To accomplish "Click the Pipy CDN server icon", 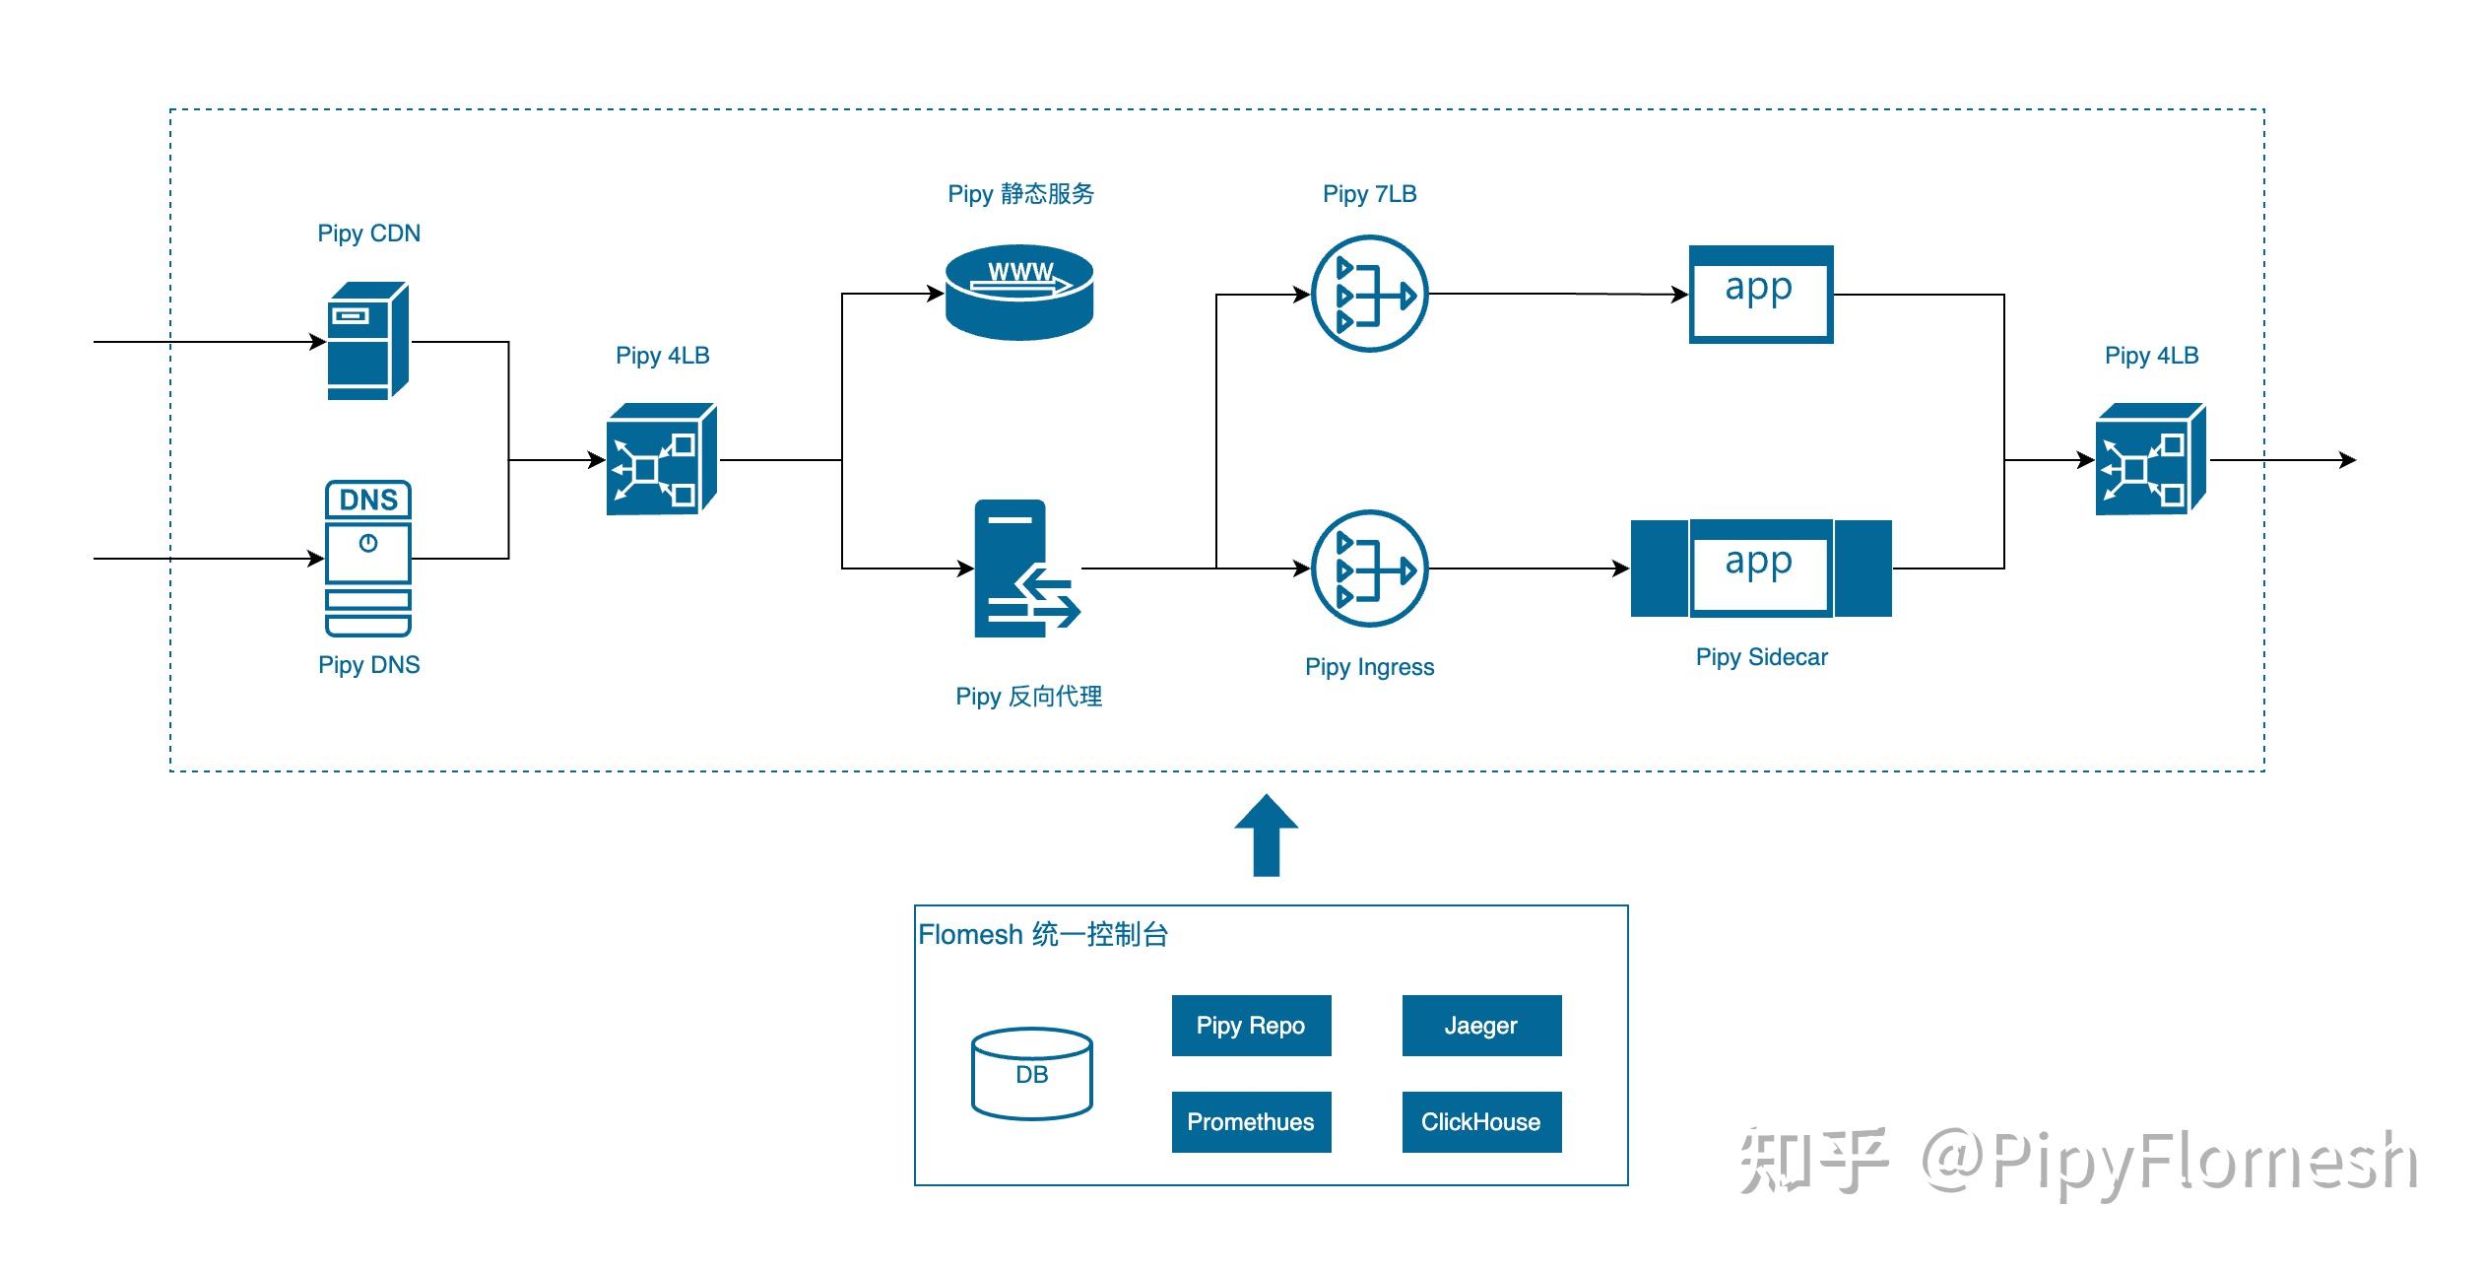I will coord(367,341).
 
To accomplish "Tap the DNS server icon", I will coord(367,558).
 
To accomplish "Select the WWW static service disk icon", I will coord(1018,293).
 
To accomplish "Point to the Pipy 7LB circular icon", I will coord(1369,294).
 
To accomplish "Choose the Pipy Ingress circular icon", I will coord(1369,569).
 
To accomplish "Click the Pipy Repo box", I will coord(1250,1026).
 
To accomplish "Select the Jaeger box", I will coord(1480,1026).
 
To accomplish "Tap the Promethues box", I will coord(1250,1121).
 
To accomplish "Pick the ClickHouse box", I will coord(1480,1121).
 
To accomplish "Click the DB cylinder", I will coord(1031,1074).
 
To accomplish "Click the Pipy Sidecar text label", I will coord(1761,657).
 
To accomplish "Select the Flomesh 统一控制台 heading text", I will coord(1043,934).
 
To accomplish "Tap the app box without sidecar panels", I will coord(1760,294).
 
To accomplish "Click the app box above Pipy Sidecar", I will coord(1760,569).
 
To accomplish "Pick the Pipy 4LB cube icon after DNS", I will coord(661,459).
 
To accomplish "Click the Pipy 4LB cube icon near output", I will coord(2150,459).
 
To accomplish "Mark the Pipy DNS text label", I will coord(368,665).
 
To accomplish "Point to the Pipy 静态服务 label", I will coord(1020,194).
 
